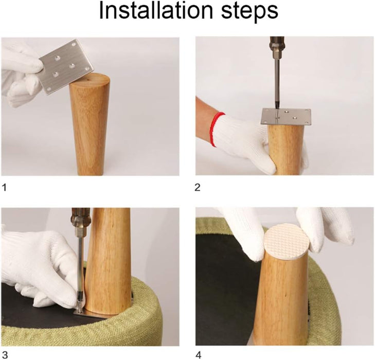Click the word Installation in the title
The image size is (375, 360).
(x=156, y=10)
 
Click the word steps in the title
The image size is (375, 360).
(x=249, y=12)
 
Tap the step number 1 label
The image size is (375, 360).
(x=4, y=187)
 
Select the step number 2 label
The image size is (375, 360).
(x=198, y=187)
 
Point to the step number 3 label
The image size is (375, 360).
(x=5, y=355)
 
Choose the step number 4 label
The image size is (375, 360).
(x=199, y=355)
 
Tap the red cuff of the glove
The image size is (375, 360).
(x=216, y=129)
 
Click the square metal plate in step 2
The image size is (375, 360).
(x=287, y=117)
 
